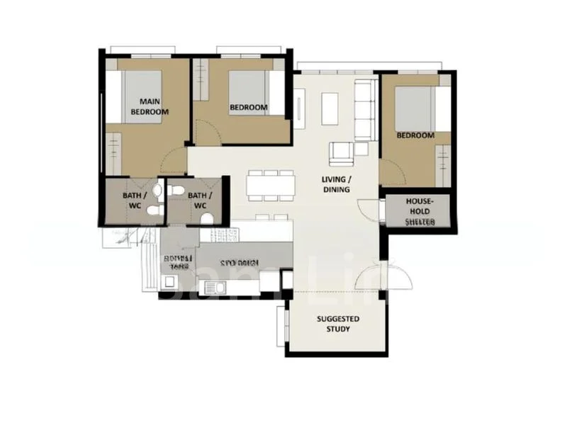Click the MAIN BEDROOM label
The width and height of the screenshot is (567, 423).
(154, 106)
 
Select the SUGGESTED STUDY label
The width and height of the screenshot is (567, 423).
(337, 324)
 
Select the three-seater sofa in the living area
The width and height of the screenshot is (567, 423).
(364, 110)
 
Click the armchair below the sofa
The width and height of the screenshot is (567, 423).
(341, 151)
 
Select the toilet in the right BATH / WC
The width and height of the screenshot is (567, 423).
(206, 219)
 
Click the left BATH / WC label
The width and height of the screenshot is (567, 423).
(135, 200)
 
